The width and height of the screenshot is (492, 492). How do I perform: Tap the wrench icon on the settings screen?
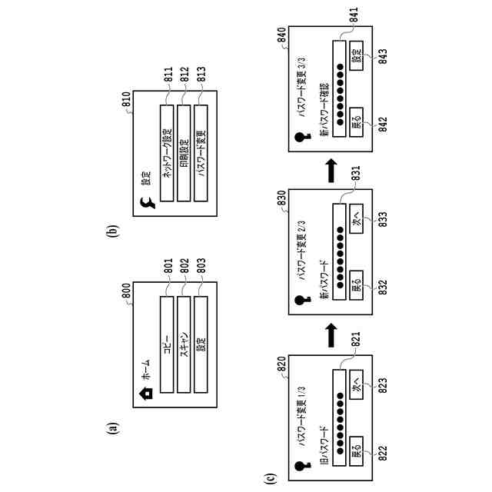tap(147, 205)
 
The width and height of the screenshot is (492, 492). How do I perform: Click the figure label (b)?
tap(113, 230)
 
